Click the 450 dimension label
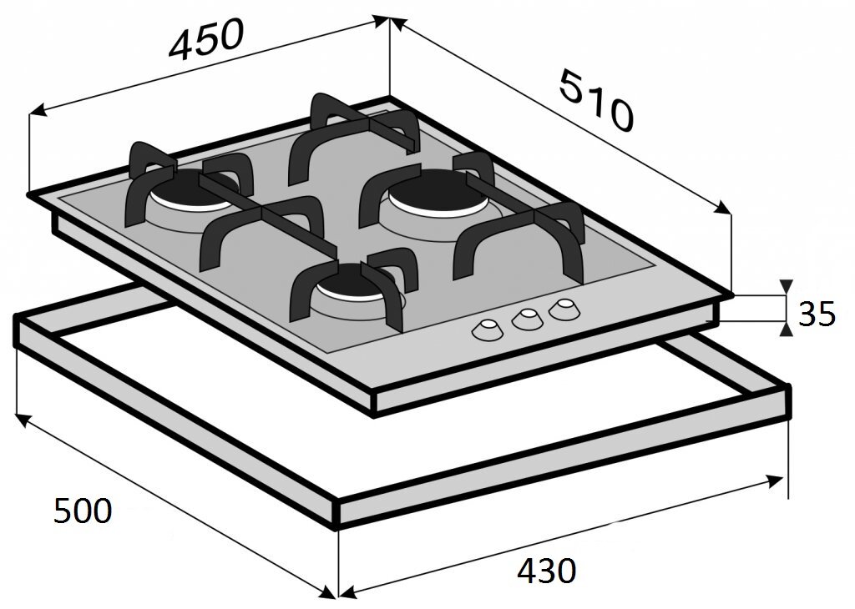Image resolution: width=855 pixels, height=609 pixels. (205, 38)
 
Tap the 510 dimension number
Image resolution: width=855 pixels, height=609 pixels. (597, 100)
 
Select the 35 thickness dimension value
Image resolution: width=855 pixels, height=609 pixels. (817, 314)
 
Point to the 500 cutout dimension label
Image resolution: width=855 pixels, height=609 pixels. (83, 511)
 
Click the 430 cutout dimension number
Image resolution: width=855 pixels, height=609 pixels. (546, 571)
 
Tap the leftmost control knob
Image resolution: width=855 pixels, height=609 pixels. (488, 330)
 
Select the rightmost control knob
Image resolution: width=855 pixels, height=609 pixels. (564, 309)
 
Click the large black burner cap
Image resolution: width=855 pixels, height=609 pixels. (433, 191)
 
